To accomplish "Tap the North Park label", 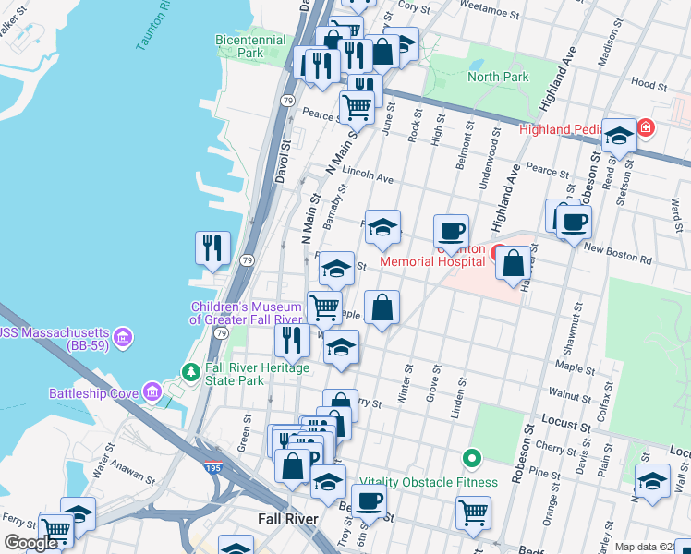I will click(498, 77).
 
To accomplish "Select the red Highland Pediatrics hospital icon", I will click(646, 128).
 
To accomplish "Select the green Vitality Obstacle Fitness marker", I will click(472, 458).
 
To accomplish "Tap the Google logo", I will click(30, 543).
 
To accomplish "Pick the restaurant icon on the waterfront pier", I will click(212, 247).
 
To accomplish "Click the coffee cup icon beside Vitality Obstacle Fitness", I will click(370, 500).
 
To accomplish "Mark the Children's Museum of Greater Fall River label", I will click(247, 313).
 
